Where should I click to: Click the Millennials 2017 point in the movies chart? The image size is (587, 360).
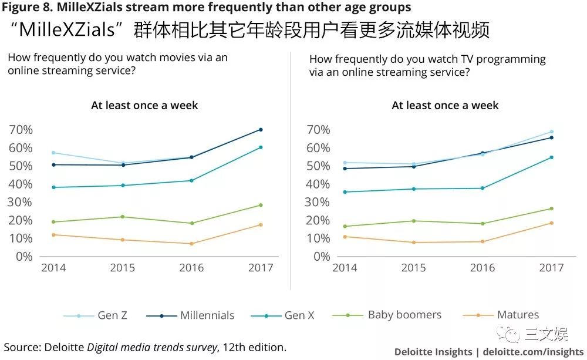coord(261,129)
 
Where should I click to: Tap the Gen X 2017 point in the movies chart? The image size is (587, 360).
coord(261,147)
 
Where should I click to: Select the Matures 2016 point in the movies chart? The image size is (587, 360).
coord(191,244)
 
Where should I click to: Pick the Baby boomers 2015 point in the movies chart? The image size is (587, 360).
coord(123,217)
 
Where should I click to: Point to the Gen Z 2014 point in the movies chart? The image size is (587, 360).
coord(53,153)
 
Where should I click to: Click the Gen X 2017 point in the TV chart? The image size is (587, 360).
coord(551,157)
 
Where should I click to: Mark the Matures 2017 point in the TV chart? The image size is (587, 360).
coord(551,223)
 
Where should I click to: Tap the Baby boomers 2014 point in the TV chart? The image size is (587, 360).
coord(345,226)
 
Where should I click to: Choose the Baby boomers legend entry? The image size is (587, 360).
coord(404,315)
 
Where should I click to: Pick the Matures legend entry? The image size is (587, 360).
coord(517,315)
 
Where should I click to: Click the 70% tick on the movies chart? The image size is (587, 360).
coord(21,130)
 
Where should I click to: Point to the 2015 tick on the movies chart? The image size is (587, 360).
coord(123,268)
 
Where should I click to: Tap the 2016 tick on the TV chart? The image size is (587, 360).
coord(483,268)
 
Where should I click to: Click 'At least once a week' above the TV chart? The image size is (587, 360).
coord(445,106)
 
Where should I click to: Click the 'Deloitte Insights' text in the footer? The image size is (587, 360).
coord(433,352)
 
